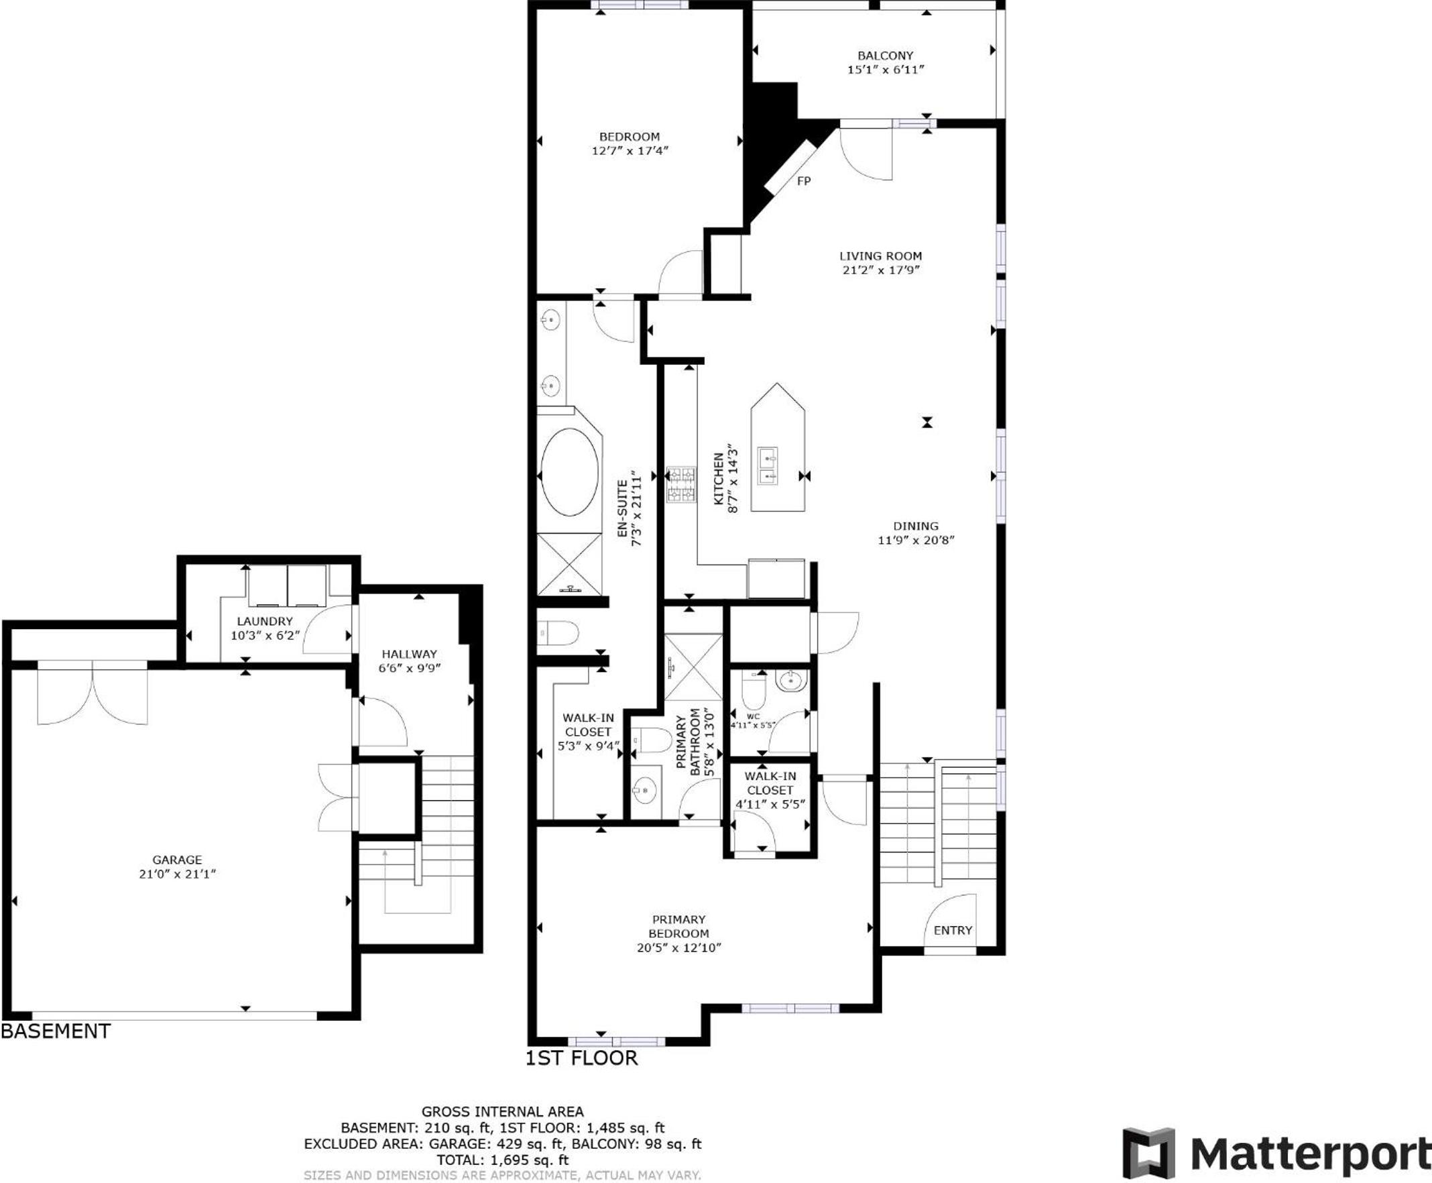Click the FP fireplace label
[803, 181]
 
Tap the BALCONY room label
[885, 56]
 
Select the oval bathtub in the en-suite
[570, 471]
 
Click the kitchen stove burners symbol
[681, 484]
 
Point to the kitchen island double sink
[768, 466]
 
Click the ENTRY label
[953, 930]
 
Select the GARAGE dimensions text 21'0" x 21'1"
[177, 875]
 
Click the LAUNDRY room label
[264, 621]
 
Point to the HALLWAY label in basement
[409, 653]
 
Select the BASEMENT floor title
[56, 1031]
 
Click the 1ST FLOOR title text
[581, 1058]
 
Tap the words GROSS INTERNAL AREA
[502, 1112]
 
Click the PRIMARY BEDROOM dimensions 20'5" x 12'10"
[678, 948]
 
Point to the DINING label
[916, 526]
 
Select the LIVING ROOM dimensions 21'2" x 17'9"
[881, 270]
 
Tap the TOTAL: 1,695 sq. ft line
[502, 1159]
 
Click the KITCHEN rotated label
[718, 479]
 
